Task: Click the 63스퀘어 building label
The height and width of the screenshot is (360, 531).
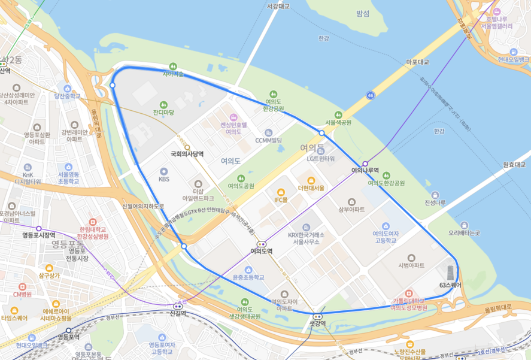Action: (x=450, y=285)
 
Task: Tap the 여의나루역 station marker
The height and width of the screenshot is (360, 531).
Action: (x=365, y=164)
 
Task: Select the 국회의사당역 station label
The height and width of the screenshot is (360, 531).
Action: (x=187, y=154)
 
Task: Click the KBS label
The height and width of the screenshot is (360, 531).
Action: (x=164, y=179)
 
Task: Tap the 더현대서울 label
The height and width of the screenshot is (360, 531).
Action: (x=311, y=188)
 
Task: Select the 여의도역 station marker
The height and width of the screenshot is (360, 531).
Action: (x=262, y=244)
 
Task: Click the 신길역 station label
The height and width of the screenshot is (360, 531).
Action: (x=178, y=313)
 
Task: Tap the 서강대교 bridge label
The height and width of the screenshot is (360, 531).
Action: (x=278, y=6)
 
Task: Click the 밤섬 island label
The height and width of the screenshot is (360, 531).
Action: (x=363, y=13)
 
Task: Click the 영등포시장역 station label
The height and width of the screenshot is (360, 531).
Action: (x=39, y=235)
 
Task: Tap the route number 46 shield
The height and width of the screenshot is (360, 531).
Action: (x=371, y=95)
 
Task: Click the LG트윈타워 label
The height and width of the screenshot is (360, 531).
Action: (x=321, y=159)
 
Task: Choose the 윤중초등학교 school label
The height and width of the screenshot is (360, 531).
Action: (x=248, y=277)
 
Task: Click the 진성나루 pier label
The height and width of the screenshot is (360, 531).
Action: (x=435, y=202)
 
